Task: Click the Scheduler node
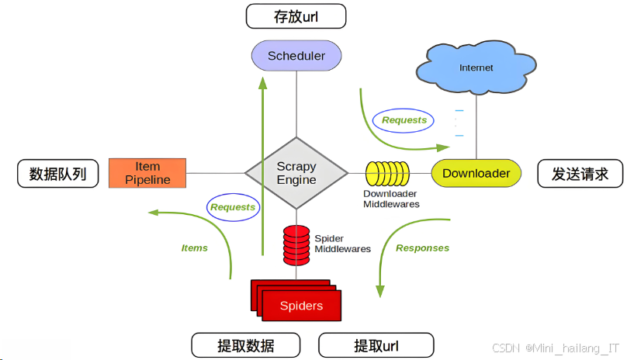(296, 56)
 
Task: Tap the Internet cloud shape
(476, 68)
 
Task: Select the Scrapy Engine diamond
(296, 173)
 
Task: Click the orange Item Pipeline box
(147, 173)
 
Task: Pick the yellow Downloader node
(476, 173)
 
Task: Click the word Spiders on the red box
(301, 306)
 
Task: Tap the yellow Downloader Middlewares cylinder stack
(388, 173)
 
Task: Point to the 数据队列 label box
(58, 174)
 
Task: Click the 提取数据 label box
(245, 344)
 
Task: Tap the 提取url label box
(376, 344)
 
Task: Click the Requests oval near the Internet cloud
(404, 120)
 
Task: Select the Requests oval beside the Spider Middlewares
(233, 207)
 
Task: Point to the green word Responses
(422, 248)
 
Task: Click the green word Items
(194, 248)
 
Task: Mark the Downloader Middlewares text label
(391, 199)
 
